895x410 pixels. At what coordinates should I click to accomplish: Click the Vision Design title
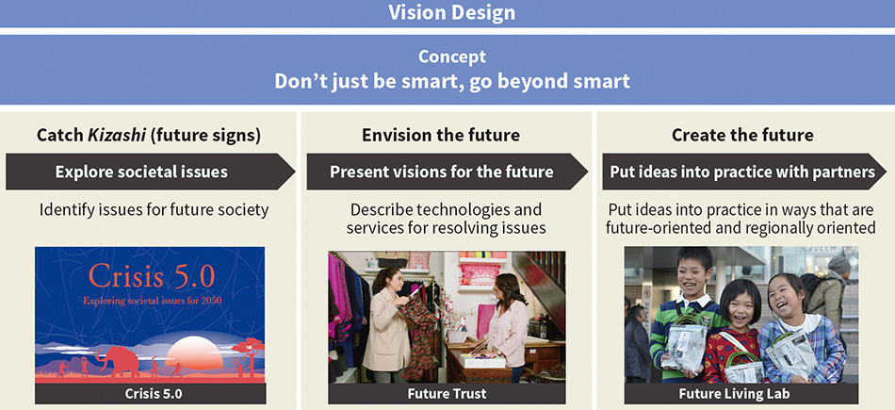pyautogui.click(x=451, y=12)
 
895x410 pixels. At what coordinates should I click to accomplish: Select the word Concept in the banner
pyautogui.click(x=452, y=57)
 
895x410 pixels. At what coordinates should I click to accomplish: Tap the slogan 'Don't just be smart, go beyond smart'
pyautogui.click(x=452, y=81)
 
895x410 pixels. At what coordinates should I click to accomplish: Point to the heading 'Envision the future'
pyautogui.click(x=441, y=136)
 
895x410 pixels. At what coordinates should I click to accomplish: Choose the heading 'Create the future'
pyautogui.click(x=742, y=136)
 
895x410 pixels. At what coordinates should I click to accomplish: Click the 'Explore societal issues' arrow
pyautogui.click(x=150, y=172)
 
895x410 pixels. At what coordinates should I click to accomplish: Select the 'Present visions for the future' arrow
pyautogui.click(x=447, y=172)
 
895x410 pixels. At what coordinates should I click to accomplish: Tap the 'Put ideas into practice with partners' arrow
pyautogui.click(x=743, y=172)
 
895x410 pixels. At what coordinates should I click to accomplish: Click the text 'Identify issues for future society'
pyautogui.click(x=154, y=210)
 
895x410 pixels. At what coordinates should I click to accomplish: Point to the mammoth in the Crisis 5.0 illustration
pyautogui.click(x=119, y=361)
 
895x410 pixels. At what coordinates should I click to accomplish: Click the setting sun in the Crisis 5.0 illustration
pyautogui.click(x=193, y=353)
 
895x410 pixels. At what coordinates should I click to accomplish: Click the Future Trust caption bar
pyautogui.click(x=447, y=393)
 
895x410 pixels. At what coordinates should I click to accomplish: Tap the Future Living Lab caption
pyautogui.click(x=740, y=393)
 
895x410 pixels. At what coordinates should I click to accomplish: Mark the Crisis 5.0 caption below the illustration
pyautogui.click(x=150, y=393)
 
